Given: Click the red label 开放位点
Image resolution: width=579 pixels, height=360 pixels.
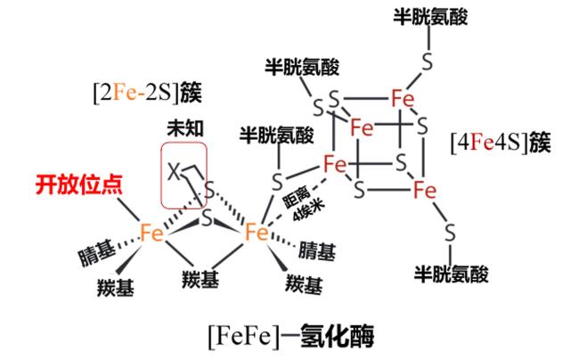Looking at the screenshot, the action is coord(78,184).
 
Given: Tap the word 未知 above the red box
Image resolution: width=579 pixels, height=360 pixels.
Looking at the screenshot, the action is coord(185,128).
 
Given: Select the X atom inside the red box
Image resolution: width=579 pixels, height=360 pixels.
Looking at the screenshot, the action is coord(174,171).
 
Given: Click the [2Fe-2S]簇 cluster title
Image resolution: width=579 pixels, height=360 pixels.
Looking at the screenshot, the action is coord(147,93).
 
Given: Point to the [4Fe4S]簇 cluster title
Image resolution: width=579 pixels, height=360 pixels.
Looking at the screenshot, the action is coord(501,143).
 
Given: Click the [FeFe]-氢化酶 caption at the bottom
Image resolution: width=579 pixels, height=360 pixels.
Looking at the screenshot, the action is coord(291,335).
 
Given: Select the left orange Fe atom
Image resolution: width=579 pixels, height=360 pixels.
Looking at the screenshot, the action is coord(151,233).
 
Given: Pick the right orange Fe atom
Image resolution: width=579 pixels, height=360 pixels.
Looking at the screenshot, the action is coord(257,232).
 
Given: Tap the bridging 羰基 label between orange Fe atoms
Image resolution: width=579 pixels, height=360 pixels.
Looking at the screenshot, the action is coord(200,279).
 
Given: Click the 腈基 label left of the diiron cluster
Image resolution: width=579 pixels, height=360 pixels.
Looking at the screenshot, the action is coord(97,253).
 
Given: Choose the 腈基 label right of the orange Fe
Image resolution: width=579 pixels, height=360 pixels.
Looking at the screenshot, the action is coord(317,251).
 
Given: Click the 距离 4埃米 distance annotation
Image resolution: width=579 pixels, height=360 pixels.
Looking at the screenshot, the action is coord(304,204).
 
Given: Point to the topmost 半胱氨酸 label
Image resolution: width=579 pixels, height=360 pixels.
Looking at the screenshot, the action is coord(430,17).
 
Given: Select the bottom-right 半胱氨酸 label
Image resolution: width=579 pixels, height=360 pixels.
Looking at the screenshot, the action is coord(452,274).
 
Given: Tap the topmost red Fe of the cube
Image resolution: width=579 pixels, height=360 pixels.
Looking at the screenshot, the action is coord(403,99).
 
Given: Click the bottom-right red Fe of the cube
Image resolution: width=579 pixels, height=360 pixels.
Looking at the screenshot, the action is coord(425,190).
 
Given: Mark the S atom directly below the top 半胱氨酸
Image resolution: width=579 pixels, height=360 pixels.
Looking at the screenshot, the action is coord(428,62).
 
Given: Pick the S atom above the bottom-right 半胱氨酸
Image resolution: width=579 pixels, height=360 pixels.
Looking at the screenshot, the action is coord(450,233).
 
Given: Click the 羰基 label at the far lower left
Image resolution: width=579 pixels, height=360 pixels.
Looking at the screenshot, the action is coord(116,287).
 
